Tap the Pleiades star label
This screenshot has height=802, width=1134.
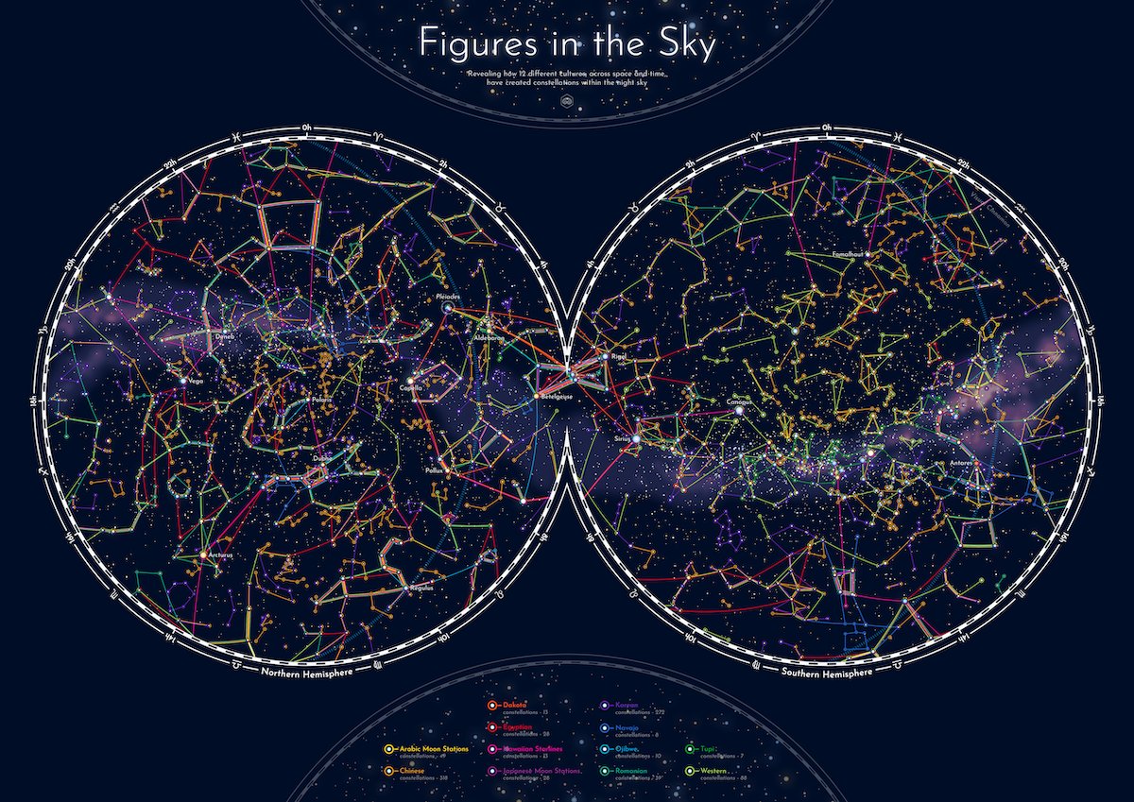coord(447,297)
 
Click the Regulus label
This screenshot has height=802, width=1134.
coord(421,588)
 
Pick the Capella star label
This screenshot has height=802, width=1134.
coord(411,387)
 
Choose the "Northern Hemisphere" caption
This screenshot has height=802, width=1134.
coord(302,672)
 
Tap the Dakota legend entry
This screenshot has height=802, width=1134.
coord(515,706)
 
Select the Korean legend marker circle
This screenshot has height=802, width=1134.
coord(605,707)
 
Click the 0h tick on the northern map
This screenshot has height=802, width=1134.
coord(306,128)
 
